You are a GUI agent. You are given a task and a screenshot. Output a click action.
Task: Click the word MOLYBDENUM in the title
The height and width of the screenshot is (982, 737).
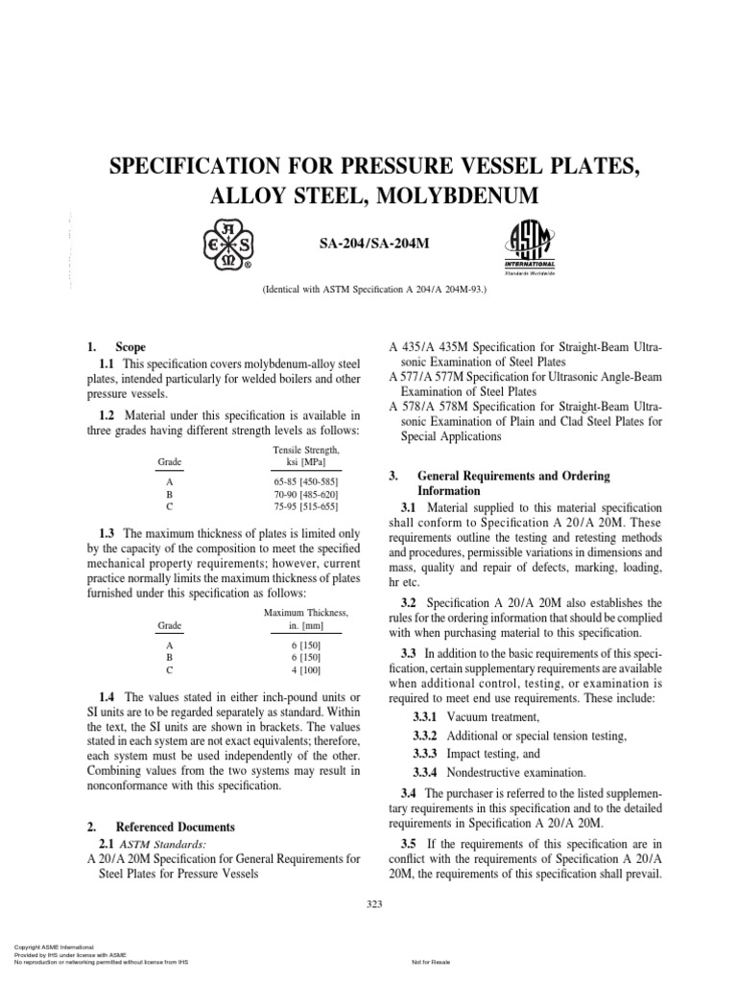[x=453, y=198]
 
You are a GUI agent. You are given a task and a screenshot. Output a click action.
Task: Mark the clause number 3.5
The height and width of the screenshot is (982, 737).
[x=411, y=844]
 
